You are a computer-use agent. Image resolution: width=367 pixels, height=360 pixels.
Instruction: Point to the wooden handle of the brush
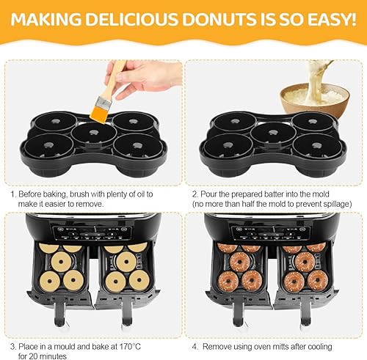115,78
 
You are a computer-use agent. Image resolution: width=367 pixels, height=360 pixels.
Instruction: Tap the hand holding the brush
144,77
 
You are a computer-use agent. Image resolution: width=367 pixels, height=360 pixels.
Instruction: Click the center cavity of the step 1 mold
94,133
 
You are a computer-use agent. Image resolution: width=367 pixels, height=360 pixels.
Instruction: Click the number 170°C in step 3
130,347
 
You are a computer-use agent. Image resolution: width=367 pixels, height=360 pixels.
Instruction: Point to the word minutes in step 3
53,356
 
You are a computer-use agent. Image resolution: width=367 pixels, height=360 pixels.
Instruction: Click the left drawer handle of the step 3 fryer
60,313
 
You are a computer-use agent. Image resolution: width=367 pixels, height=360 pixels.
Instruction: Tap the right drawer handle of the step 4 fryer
305,313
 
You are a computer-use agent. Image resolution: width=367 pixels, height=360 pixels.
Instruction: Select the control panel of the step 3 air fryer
92,232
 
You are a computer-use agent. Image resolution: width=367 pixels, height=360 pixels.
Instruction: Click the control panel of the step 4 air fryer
271,232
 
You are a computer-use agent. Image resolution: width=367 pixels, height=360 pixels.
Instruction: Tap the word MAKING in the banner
46,19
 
